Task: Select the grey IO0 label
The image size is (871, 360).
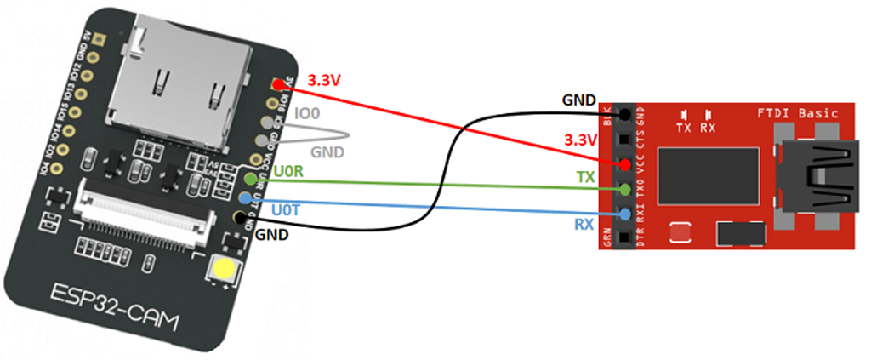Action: point(307,113)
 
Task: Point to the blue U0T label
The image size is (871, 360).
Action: point(284,208)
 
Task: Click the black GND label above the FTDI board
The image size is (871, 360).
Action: point(578,100)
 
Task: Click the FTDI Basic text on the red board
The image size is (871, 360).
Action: point(797,113)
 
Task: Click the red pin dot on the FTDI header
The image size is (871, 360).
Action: point(625,163)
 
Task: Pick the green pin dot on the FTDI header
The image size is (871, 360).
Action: point(625,188)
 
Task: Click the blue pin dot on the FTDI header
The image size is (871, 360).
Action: point(625,214)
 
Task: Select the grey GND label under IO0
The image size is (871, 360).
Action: point(327,151)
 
